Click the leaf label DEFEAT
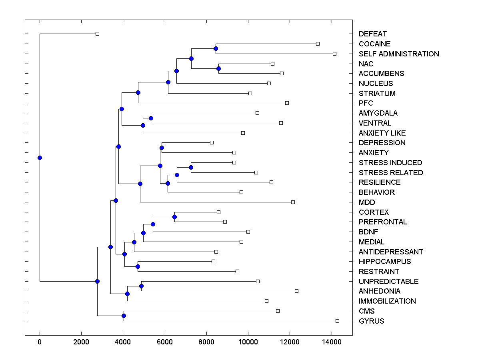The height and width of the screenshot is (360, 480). click(x=372, y=34)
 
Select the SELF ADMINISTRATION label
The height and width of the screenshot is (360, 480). click(x=399, y=54)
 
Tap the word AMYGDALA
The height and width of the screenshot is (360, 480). click(x=378, y=113)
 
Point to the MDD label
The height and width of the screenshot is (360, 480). click(x=367, y=202)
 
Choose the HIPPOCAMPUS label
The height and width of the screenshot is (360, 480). click(x=385, y=262)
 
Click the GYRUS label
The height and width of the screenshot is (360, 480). click(x=371, y=321)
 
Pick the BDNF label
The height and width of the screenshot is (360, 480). click(x=368, y=232)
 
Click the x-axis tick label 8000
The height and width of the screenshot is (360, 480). click(x=206, y=342)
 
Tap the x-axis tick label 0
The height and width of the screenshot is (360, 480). click(x=40, y=342)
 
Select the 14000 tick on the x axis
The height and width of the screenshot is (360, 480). click(x=331, y=342)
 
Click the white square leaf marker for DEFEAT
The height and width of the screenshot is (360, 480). click(x=97, y=34)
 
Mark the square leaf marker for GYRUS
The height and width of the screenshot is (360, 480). click(x=337, y=321)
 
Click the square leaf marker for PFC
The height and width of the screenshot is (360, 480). click(x=287, y=103)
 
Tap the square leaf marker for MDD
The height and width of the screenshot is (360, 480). click(x=293, y=202)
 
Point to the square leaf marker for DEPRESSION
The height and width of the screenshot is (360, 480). click(x=212, y=142)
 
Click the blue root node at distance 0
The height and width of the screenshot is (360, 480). click(x=40, y=158)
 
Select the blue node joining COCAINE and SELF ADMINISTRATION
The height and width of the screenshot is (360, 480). click(x=216, y=48)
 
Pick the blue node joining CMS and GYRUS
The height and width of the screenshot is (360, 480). click(x=124, y=316)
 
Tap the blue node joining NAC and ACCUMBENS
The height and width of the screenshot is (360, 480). click(x=218, y=68)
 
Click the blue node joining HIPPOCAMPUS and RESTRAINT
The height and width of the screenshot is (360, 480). click(x=138, y=266)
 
